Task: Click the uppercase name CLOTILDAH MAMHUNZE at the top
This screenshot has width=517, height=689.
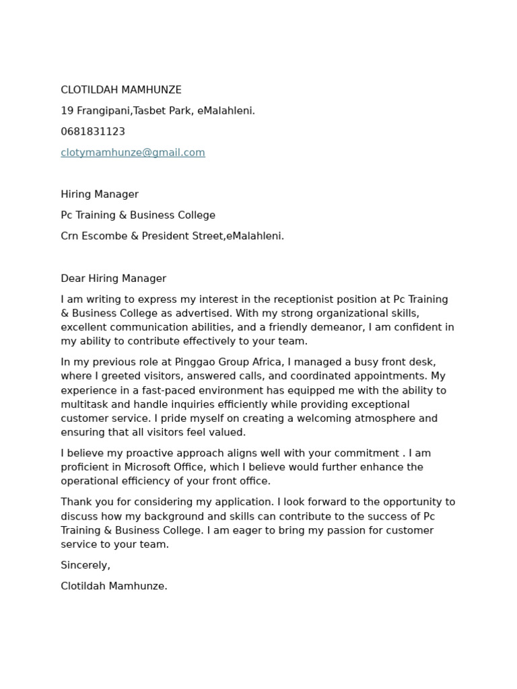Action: (x=121, y=90)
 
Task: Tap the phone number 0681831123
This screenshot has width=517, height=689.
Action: (x=93, y=132)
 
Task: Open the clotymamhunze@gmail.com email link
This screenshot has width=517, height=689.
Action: (x=133, y=153)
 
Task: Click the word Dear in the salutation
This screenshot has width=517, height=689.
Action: (x=73, y=279)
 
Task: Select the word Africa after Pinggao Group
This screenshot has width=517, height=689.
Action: (x=265, y=362)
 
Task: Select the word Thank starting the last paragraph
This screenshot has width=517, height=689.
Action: (x=75, y=502)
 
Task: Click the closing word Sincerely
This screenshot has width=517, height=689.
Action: (x=85, y=565)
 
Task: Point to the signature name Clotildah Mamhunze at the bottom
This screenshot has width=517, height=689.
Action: (x=114, y=586)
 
